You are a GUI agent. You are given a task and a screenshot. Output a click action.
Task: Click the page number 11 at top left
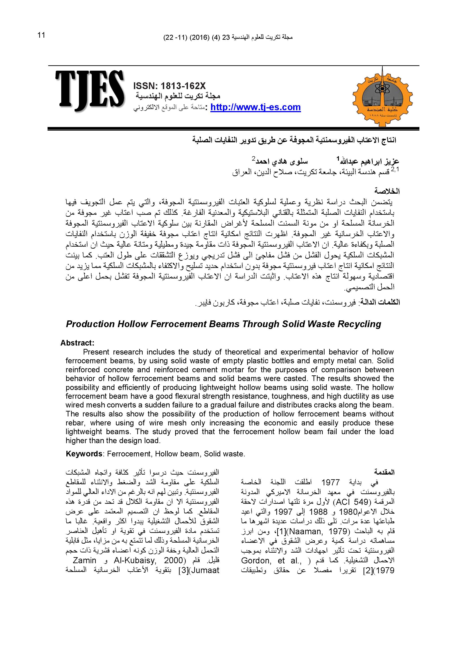(41, 35)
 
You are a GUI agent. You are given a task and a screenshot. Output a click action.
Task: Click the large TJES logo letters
(90, 91)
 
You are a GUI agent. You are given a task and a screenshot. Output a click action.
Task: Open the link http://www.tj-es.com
(255, 107)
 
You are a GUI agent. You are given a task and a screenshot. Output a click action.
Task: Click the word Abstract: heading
(77, 343)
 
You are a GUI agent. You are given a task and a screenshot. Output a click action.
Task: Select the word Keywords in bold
(84, 454)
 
